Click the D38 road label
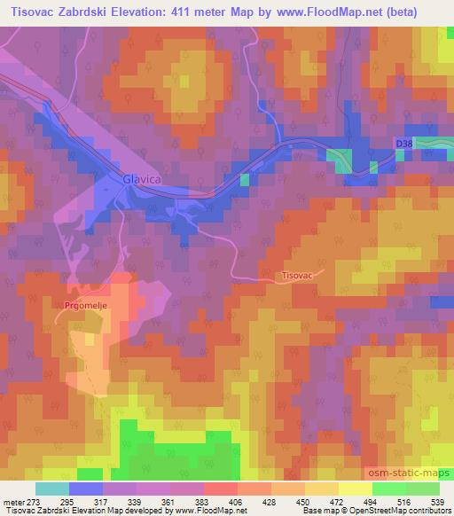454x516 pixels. pos(404,143)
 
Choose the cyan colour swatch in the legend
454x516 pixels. pos(52,488)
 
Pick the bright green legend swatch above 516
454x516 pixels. pos(388,488)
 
